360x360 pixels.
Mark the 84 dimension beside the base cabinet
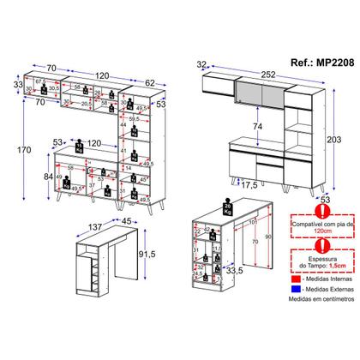click(37, 177)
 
